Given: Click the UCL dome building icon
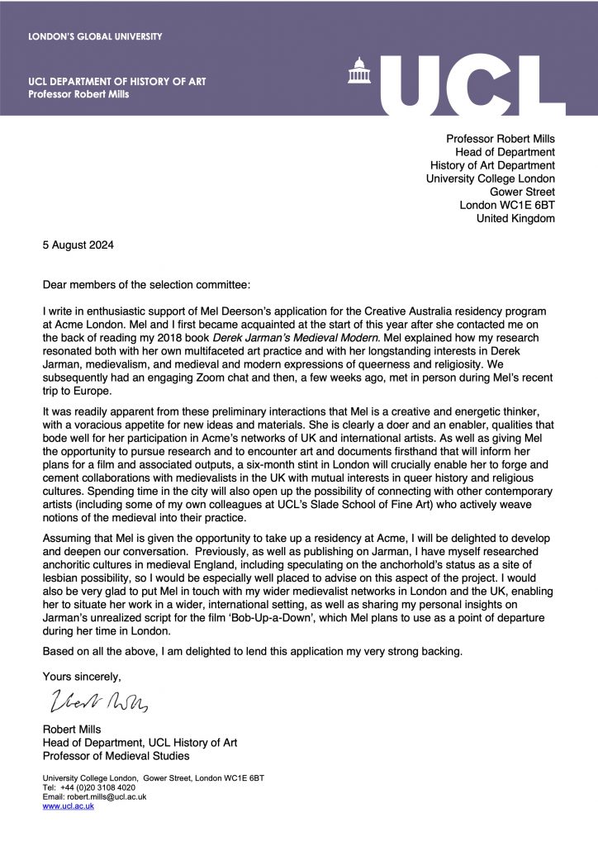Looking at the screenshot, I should pyautogui.click(x=360, y=72).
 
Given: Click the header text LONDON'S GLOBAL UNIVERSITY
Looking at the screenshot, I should pyautogui.click(x=95, y=36).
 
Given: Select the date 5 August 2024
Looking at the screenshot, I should pyautogui.click(x=78, y=245).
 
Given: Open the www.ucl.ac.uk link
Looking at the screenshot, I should pyautogui.click(x=69, y=806).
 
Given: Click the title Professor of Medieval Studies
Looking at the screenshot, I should pyautogui.click(x=116, y=756).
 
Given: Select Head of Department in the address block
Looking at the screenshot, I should pyautogui.click(x=505, y=152).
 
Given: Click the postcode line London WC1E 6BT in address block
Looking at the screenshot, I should pyautogui.click(x=507, y=205).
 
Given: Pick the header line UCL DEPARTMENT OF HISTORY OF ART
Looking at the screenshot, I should pyautogui.click(x=116, y=81).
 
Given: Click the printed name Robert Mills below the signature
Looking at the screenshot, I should pyautogui.click(x=74, y=729).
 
